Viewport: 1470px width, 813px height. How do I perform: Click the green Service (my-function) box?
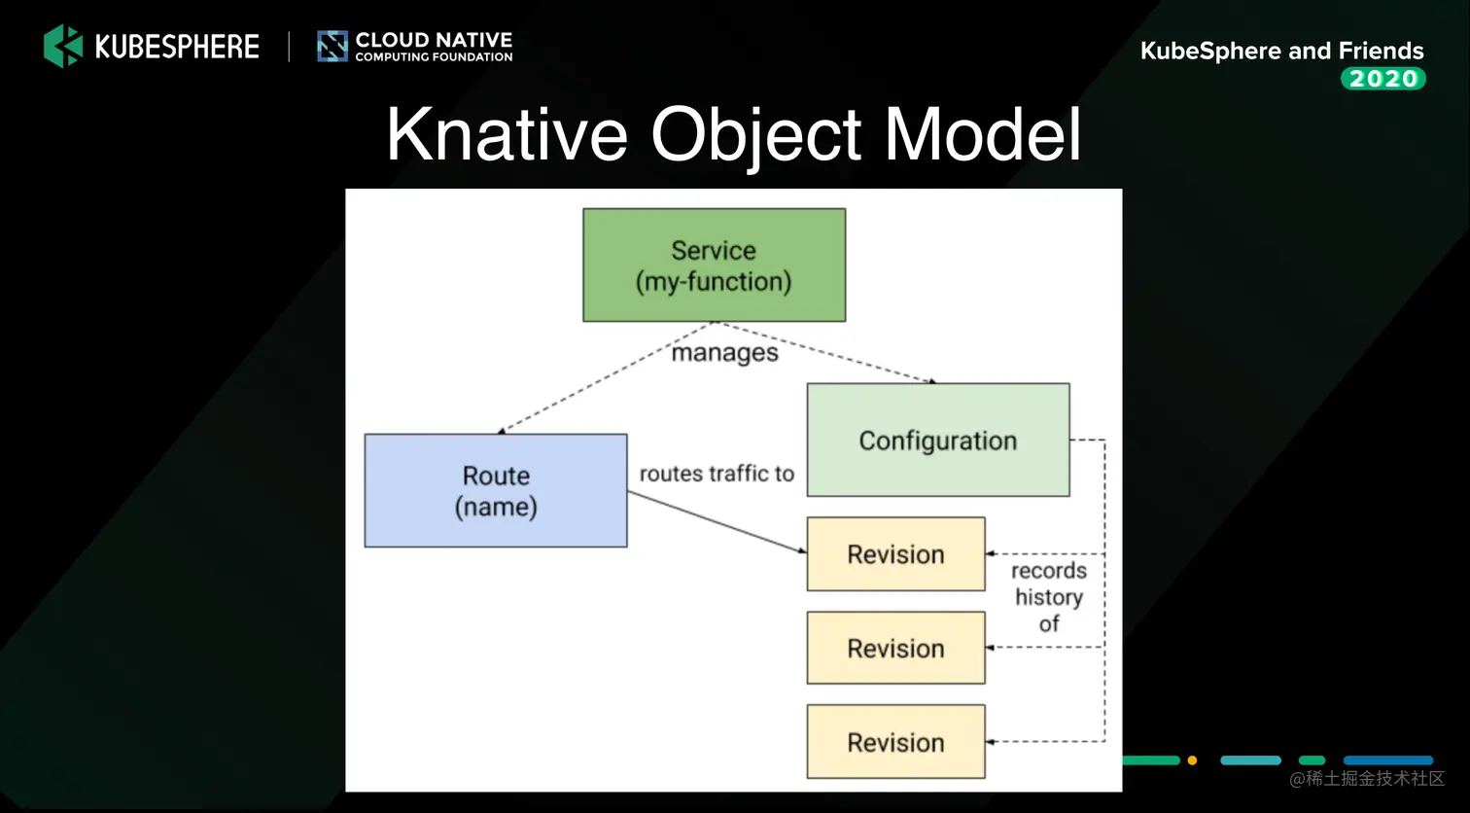[x=714, y=265]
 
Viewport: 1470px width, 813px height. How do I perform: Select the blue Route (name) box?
[x=496, y=490]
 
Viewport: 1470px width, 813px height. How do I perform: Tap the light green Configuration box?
[x=937, y=441]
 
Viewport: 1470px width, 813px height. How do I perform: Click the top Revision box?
[x=895, y=554]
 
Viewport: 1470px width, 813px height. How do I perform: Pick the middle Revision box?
[x=895, y=648]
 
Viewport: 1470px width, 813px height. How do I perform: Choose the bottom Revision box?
[x=895, y=742]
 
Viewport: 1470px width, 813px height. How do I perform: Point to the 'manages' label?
[x=725, y=353]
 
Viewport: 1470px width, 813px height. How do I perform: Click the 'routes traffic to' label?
[x=717, y=474]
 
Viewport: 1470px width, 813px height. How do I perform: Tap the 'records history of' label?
[x=1048, y=597]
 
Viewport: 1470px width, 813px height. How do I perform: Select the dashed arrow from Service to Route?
[x=603, y=379]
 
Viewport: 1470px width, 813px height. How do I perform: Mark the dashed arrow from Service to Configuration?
[x=836, y=355]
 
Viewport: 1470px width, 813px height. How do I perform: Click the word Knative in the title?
[x=507, y=134]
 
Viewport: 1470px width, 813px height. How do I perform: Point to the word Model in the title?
[x=982, y=134]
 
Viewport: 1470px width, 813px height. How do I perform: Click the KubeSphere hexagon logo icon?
[x=63, y=46]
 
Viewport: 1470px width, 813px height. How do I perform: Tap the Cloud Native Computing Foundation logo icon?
[x=332, y=46]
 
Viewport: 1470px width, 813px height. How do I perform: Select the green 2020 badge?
[x=1382, y=79]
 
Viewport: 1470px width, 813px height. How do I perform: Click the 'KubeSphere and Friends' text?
[x=1281, y=51]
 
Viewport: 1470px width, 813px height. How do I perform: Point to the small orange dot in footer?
[x=1192, y=760]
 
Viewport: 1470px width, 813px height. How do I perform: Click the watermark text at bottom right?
[x=1367, y=779]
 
